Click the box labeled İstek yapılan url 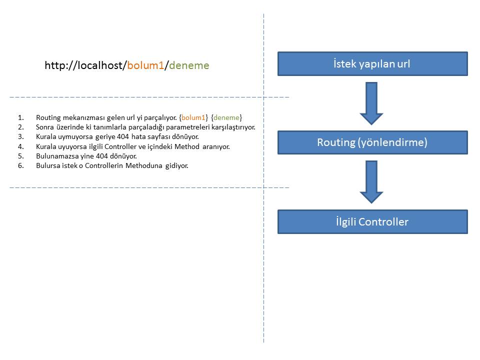click(x=372, y=63)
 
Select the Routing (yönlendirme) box click(x=372, y=142)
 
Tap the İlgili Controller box click(x=372, y=221)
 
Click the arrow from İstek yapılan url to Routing click(x=371, y=102)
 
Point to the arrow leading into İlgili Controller click(x=371, y=181)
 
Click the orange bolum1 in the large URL click(x=145, y=65)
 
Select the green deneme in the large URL click(x=189, y=65)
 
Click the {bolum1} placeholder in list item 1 click(x=193, y=117)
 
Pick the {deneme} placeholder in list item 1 click(x=226, y=117)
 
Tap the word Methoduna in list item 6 click(x=143, y=165)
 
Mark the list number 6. click(x=20, y=165)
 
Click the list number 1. click(x=20, y=117)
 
